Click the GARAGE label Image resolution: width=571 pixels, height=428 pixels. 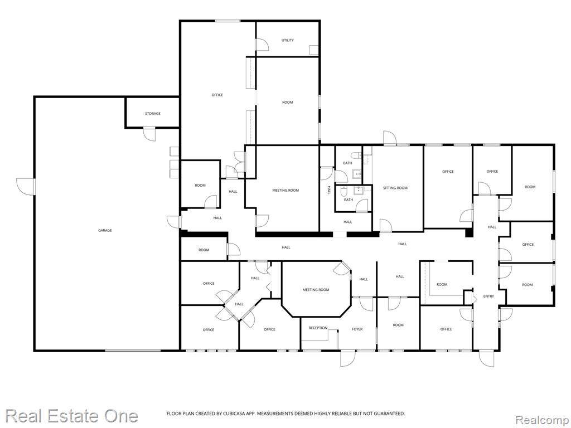pyautogui.click(x=105, y=230)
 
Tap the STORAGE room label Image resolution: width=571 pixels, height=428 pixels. pyautogui.click(x=153, y=114)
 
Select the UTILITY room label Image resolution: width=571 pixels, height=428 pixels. pyautogui.click(x=287, y=40)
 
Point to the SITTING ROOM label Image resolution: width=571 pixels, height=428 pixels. pyautogui.click(x=395, y=188)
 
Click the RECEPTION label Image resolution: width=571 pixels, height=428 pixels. pyautogui.click(x=318, y=328)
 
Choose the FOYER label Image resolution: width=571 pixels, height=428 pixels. pyautogui.click(x=357, y=329)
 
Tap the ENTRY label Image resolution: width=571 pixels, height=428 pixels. pyautogui.click(x=488, y=296)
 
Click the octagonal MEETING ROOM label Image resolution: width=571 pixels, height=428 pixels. pyautogui.click(x=316, y=290)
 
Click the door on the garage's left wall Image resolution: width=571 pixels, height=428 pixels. pyautogui.click(x=26, y=187)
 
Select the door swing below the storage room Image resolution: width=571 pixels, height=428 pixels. pyautogui.click(x=149, y=134)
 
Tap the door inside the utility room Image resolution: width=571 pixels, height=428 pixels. pyautogui.click(x=262, y=45)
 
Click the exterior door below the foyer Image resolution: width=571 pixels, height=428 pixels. pyautogui.click(x=347, y=358)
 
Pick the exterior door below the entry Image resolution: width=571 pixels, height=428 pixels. pyautogui.click(x=486, y=358)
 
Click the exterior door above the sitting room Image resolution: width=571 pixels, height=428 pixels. pyautogui.click(x=390, y=138)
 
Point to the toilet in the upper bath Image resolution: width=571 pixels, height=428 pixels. pyautogui.click(x=357, y=155)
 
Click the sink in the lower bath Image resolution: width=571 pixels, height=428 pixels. pyautogui.click(x=360, y=189)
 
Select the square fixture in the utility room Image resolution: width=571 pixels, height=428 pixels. pyautogui.click(x=313, y=50)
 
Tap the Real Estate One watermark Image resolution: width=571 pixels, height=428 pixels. pyautogui.click(x=71, y=416)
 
